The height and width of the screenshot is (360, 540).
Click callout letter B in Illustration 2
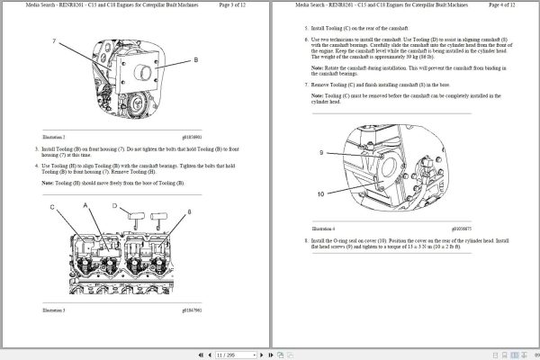195,60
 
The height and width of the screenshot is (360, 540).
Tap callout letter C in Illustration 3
53,206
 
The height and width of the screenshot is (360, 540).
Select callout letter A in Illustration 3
86,206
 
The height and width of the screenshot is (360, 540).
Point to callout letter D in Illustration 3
115,206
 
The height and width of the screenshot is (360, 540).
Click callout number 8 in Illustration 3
189,211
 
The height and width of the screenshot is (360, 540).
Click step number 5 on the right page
306,28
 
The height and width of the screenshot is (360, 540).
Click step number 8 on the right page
306,241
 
